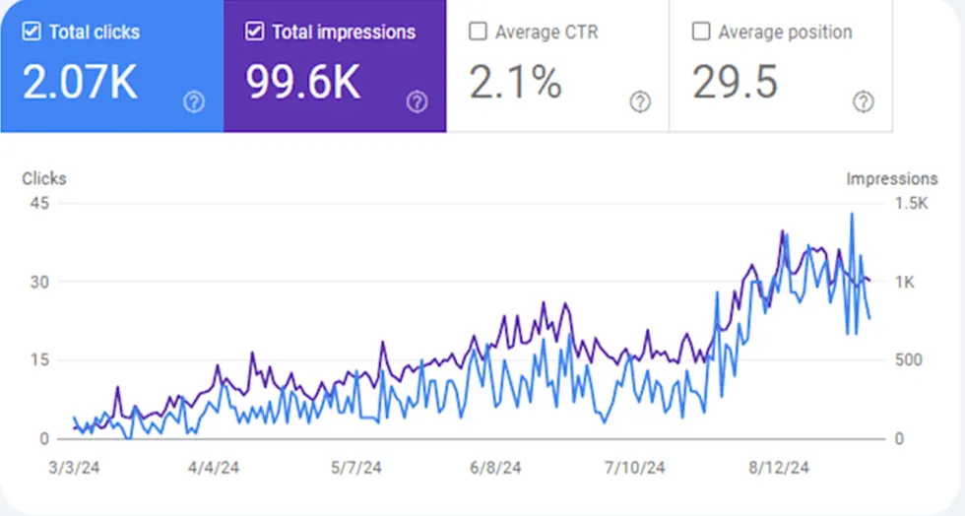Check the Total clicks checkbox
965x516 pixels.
[x=32, y=32]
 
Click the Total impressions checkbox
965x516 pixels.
[x=254, y=32]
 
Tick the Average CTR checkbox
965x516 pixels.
[x=478, y=32]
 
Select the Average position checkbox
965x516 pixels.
[x=701, y=32]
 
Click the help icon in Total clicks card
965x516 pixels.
[x=194, y=101]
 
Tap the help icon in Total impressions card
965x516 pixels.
[x=418, y=101]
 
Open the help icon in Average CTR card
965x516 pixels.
[x=641, y=101]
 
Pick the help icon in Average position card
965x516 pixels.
[x=864, y=101]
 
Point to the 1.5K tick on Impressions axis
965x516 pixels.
[x=911, y=204]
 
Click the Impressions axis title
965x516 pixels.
[x=891, y=179]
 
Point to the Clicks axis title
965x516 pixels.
[x=44, y=179]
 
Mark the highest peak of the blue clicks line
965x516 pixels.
[x=852, y=214]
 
